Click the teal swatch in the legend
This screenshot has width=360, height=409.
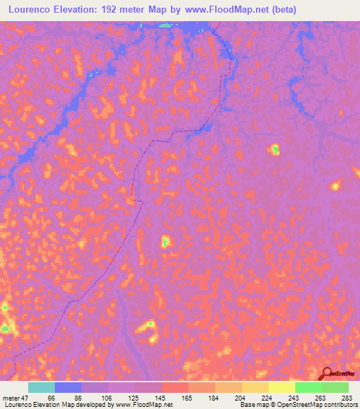41,388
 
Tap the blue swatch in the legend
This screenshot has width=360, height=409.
68,388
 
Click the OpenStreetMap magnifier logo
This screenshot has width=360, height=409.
328,374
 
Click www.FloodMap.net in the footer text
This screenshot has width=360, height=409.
145,404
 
